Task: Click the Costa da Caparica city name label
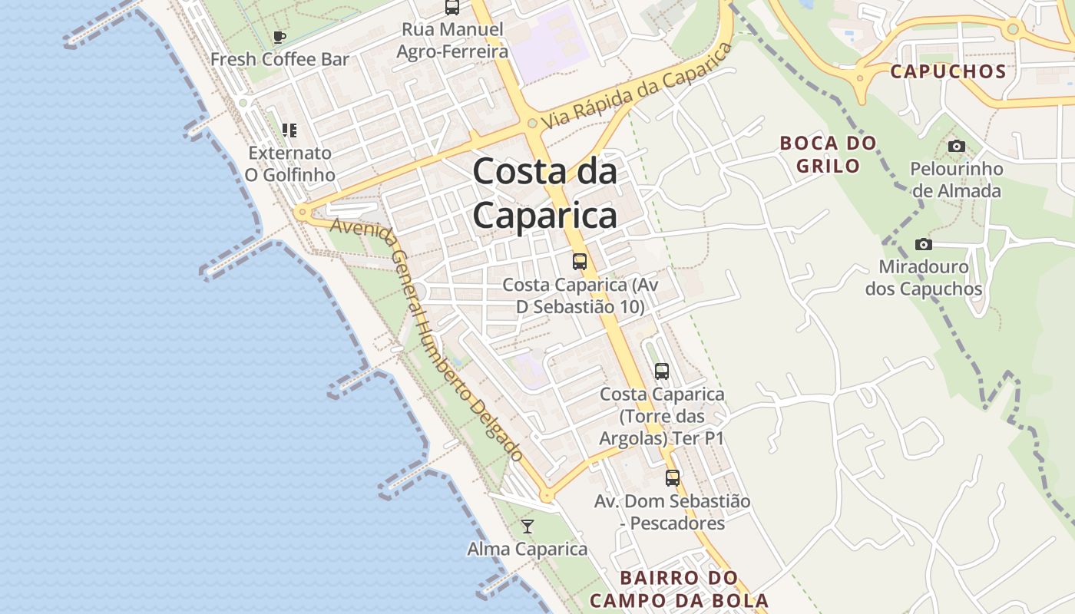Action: [x=544, y=193]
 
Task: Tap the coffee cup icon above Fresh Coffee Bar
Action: [x=279, y=37]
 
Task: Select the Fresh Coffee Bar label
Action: [x=279, y=59]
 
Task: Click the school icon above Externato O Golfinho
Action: [x=289, y=130]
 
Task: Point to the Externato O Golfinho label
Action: [x=289, y=163]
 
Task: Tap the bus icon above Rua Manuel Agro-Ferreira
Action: [x=452, y=8]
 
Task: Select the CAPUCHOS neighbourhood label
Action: [x=948, y=72]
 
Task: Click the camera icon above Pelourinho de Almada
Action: [x=956, y=146]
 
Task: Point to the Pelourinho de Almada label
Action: [x=956, y=180]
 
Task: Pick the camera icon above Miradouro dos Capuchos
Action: [x=924, y=245]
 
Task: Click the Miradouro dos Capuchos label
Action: [x=924, y=279]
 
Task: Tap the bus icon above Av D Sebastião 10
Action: [x=580, y=262]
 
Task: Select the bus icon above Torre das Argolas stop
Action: [x=662, y=371]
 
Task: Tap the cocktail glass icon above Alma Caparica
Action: [x=528, y=527]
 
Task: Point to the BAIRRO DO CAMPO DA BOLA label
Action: [x=679, y=589]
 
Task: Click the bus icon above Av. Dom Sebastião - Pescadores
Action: [x=673, y=478]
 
